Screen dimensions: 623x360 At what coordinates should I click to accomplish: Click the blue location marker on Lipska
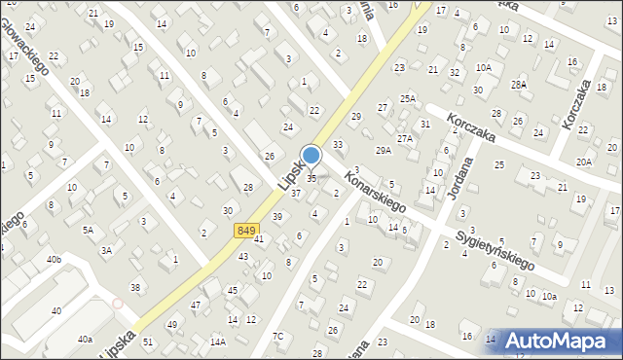click(311, 156)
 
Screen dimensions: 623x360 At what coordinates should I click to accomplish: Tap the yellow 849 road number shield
click(246, 230)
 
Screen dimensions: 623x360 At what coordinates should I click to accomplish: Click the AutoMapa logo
click(567, 341)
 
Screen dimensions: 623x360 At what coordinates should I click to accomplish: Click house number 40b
click(54, 259)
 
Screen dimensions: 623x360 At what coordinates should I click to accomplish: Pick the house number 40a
click(86, 339)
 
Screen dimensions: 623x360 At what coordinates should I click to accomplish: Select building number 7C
click(278, 337)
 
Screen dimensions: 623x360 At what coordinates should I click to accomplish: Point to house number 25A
click(407, 98)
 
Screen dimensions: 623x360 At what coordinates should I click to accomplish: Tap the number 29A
click(384, 150)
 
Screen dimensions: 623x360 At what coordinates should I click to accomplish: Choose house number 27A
click(405, 139)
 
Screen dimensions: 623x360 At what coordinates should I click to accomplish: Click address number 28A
click(520, 85)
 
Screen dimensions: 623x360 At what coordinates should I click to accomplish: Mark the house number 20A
click(584, 162)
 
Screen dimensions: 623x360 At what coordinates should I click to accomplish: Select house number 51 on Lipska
click(148, 342)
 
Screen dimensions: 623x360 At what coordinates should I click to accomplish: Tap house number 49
click(172, 324)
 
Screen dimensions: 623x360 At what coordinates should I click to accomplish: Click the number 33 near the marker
click(338, 145)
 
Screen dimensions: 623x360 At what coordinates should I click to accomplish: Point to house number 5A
click(88, 230)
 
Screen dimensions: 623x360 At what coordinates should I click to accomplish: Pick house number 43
click(243, 256)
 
